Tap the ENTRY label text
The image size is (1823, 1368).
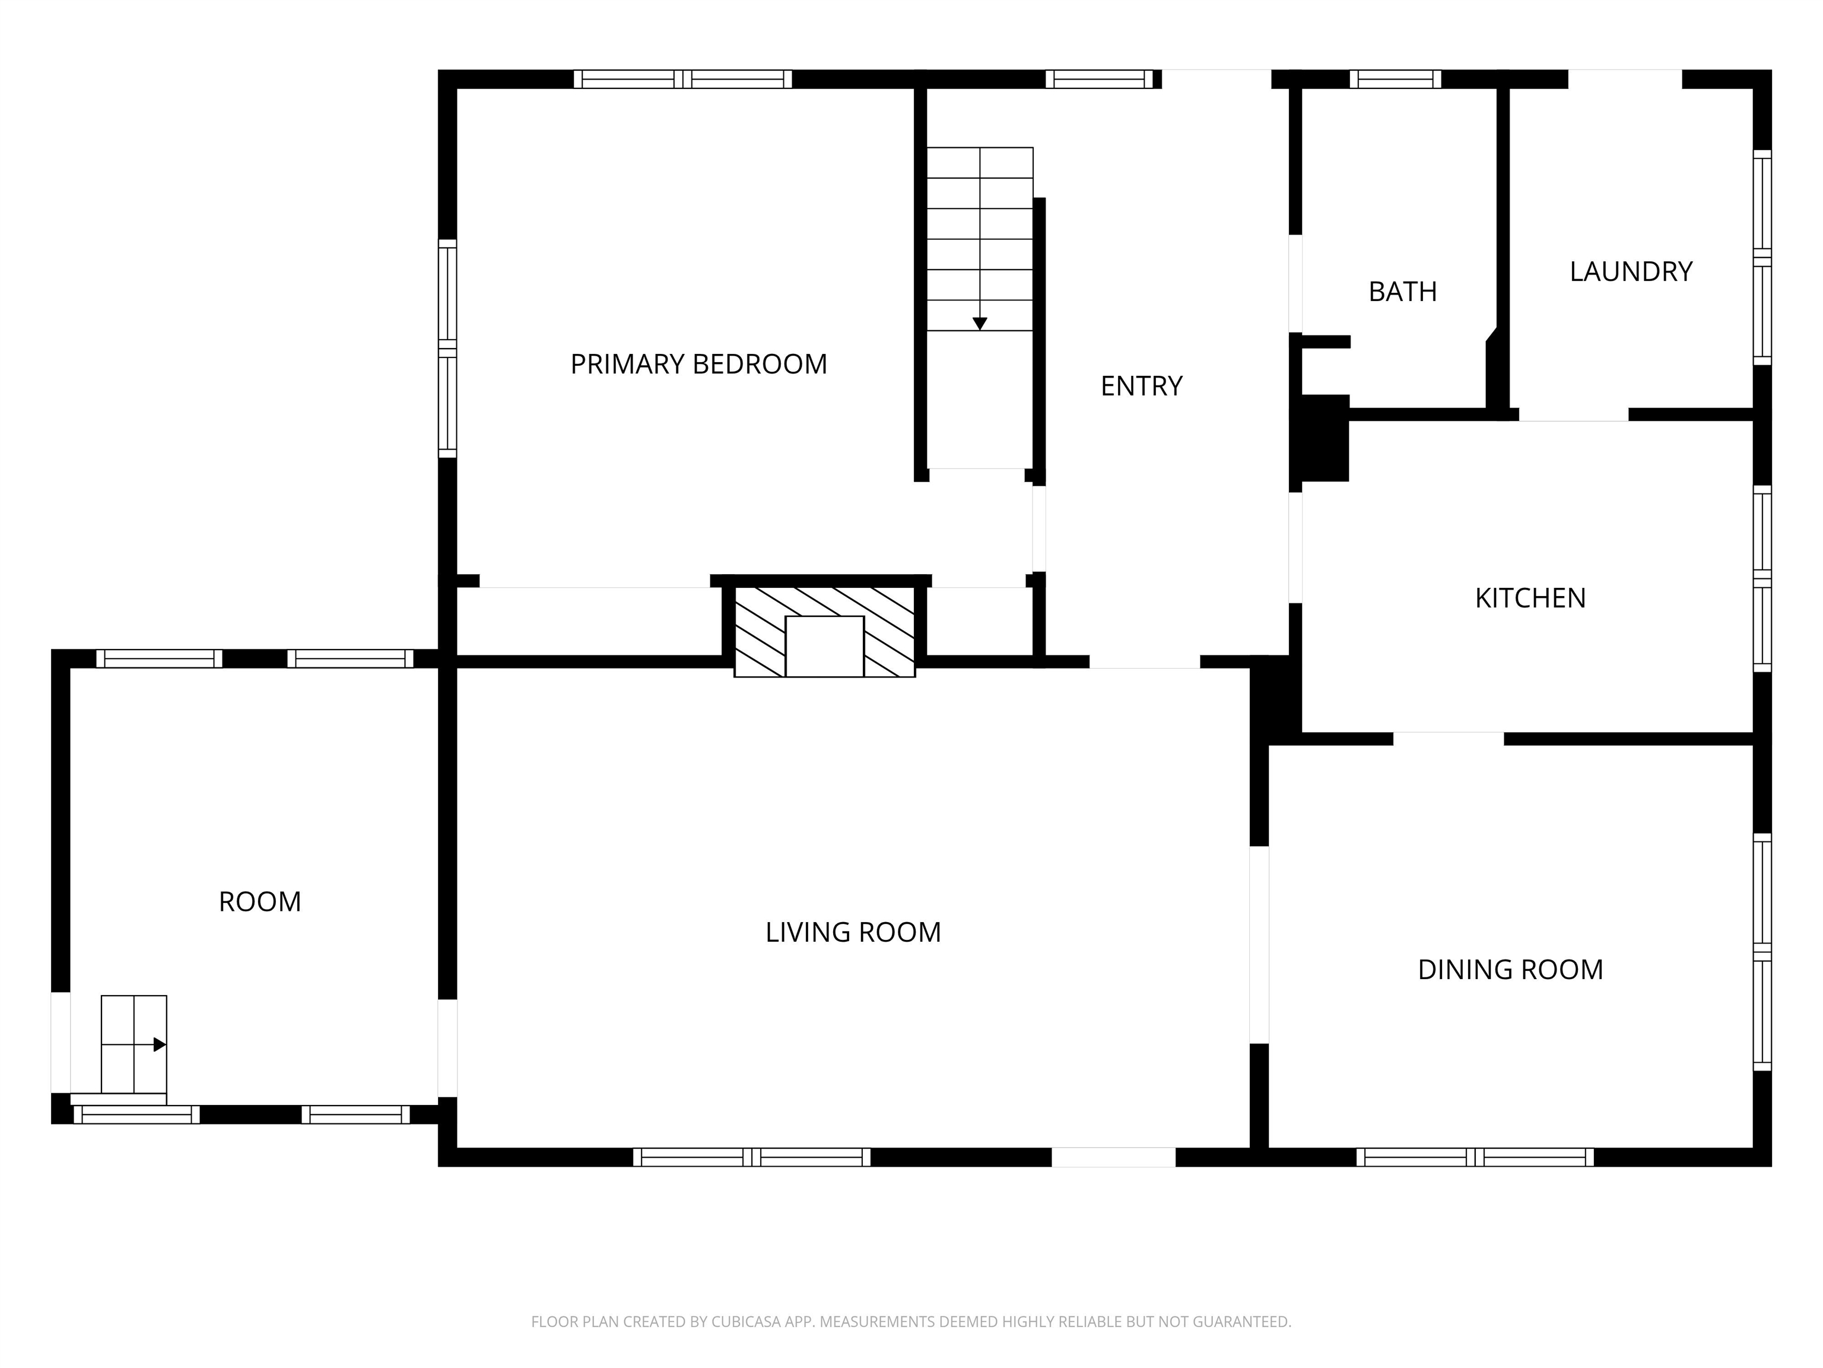click(1141, 386)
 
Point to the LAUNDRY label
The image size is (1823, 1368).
click(1630, 271)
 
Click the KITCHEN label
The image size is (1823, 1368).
click(1530, 598)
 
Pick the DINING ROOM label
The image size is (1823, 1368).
click(1510, 970)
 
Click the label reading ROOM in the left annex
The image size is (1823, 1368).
click(259, 902)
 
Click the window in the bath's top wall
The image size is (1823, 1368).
click(1395, 79)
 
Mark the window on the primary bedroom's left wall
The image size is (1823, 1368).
click(447, 348)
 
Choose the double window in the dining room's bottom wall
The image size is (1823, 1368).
click(1475, 1157)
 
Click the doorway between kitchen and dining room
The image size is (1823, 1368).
click(1448, 738)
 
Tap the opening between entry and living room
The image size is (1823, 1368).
click(1144, 662)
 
